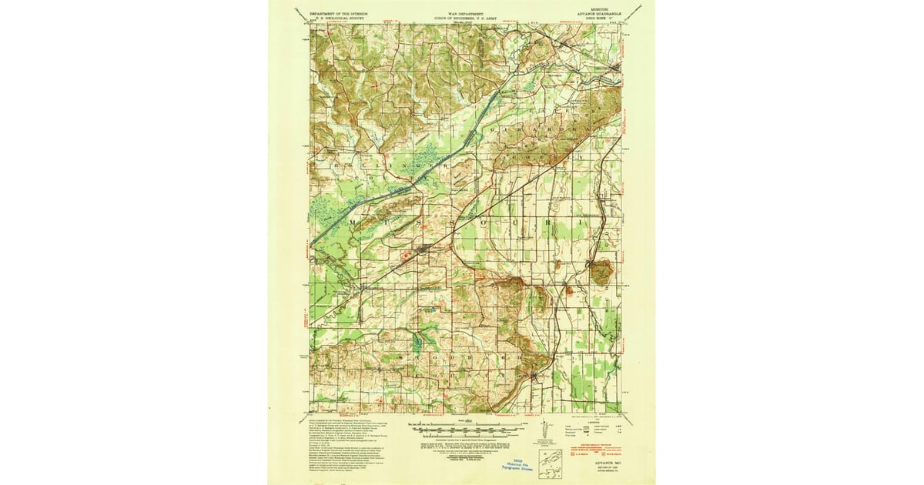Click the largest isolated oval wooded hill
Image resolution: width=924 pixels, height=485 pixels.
599,270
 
